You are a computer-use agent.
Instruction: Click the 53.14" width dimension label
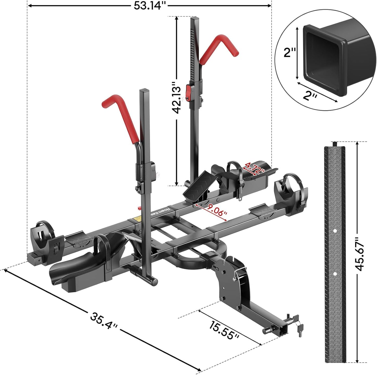(150, 5)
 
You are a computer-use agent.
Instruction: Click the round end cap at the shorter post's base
(155, 281)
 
